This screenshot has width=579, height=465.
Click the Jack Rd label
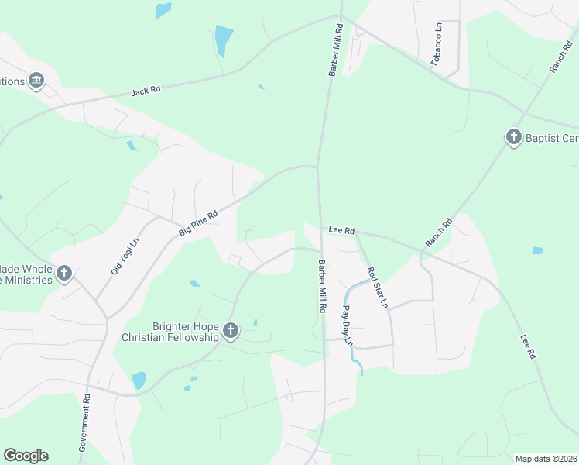146,91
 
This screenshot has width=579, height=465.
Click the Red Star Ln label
377,288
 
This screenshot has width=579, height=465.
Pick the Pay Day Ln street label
348,326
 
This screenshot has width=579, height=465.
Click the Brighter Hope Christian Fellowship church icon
230,332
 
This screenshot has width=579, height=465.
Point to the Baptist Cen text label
552,139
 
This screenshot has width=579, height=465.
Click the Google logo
26,456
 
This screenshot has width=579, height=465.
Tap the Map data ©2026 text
546,459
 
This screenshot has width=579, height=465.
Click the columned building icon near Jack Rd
36,81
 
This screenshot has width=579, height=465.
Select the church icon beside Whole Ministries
64,273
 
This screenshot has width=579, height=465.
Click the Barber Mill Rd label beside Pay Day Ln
321,286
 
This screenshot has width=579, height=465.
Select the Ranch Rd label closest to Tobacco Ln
560,57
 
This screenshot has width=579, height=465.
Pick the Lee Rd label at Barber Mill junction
341,230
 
